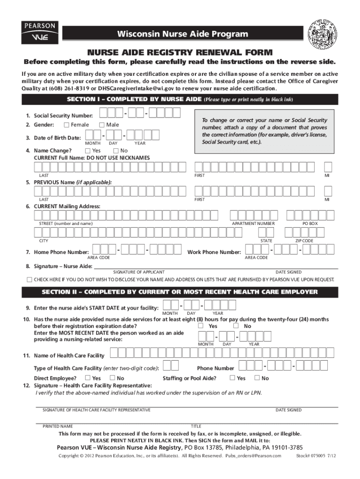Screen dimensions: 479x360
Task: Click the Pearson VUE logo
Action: (x=39, y=32)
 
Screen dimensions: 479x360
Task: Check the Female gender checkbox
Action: (x=66, y=125)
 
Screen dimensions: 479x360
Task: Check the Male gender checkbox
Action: (x=101, y=125)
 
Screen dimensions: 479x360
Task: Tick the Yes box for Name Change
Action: (x=87, y=151)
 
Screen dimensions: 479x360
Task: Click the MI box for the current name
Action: (x=328, y=167)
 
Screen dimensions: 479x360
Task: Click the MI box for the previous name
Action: (x=328, y=191)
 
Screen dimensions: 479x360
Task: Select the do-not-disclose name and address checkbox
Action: (x=29, y=280)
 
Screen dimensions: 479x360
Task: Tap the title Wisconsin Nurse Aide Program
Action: (x=182, y=34)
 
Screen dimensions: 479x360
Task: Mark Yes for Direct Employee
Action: (x=87, y=378)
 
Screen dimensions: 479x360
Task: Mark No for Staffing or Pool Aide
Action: (x=257, y=378)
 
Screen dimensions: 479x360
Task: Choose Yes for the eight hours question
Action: (x=201, y=326)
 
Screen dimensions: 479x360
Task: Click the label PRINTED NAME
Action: (x=58, y=427)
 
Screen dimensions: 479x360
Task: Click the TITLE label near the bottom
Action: (x=196, y=427)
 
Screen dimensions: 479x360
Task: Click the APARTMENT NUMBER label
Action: (x=253, y=224)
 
